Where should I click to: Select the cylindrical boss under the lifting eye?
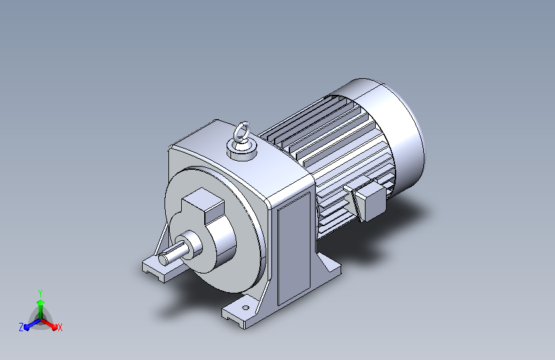242,151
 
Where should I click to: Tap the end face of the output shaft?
163,259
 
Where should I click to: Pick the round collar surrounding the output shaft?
193,245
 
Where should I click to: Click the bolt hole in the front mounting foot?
246,307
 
